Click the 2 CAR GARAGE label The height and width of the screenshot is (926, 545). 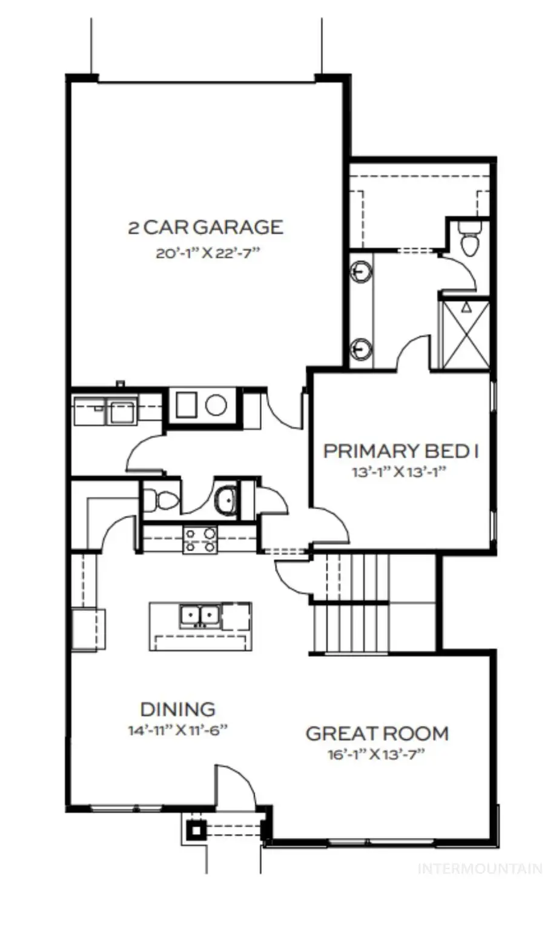pyautogui.click(x=205, y=228)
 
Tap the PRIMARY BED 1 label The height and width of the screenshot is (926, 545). pyautogui.click(x=401, y=451)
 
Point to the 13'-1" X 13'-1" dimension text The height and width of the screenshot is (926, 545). pyautogui.click(x=398, y=472)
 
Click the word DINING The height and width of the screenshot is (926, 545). pyautogui.click(x=177, y=709)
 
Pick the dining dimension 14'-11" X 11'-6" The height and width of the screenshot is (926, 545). pyautogui.click(x=177, y=730)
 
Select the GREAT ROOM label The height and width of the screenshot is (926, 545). pyautogui.click(x=377, y=733)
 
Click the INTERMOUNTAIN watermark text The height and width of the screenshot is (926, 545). pyautogui.click(x=480, y=869)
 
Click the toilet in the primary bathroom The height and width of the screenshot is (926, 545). pyautogui.click(x=469, y=239)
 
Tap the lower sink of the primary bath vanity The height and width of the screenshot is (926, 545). pyautogui.click(x=361, y=349)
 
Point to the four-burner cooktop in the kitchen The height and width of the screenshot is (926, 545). pyautogui.click(x=200, y=540)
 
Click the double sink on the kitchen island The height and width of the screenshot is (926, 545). pyautogui.click(x=199, y=617)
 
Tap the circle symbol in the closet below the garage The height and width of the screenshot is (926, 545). pyautogui.click(x=216, y=405)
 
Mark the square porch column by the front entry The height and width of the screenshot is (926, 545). pyautogui.click(x=196, y=830)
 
